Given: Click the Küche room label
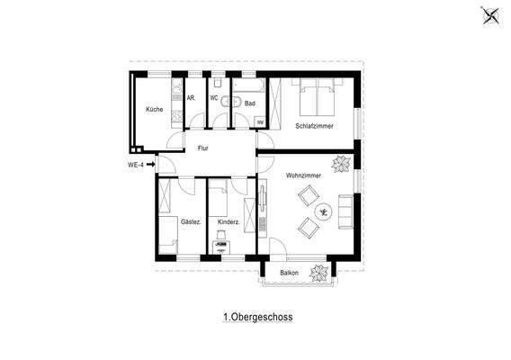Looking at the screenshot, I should (154, 110).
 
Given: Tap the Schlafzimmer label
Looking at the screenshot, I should (314, 126).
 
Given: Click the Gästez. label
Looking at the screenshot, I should (190, 221).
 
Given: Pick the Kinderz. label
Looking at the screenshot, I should (229, 221).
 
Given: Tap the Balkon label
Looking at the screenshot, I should (289, 272).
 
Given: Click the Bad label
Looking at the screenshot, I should (249, 103).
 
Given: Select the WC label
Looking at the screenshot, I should (215, 97).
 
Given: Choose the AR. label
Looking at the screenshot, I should (191, 97).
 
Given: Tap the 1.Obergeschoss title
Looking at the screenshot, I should (257, 317).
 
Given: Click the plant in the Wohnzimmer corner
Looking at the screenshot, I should (342, 164).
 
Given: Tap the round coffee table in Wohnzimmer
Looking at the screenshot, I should (324, 211).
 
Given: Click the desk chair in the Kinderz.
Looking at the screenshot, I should (220, 245).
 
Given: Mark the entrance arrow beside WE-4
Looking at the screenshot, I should (150, 165).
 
